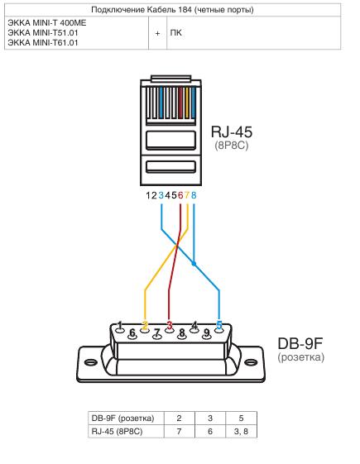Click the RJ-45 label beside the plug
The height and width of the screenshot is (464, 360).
coord(231,132)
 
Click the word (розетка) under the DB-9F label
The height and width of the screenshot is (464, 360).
coord(301,357)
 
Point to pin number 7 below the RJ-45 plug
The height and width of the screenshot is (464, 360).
coord(188,195)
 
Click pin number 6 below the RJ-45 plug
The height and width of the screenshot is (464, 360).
coord(180,195)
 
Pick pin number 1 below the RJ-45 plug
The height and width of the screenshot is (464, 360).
coord(149,195)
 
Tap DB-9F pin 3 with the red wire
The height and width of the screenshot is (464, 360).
coord(170,324)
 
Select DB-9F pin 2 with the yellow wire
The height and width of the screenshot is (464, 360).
coord(145,324)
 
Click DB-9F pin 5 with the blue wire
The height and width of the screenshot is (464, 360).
coord(219,324)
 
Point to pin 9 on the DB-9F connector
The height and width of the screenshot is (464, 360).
coord(207,334)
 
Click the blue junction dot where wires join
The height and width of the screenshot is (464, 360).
coord(194,264)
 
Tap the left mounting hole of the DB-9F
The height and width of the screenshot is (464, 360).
coord(89,360)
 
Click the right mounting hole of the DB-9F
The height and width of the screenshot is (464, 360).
coord(251,360)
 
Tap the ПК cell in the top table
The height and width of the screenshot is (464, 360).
coord(175,35)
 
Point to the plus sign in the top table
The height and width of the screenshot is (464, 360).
coord(157,35)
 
